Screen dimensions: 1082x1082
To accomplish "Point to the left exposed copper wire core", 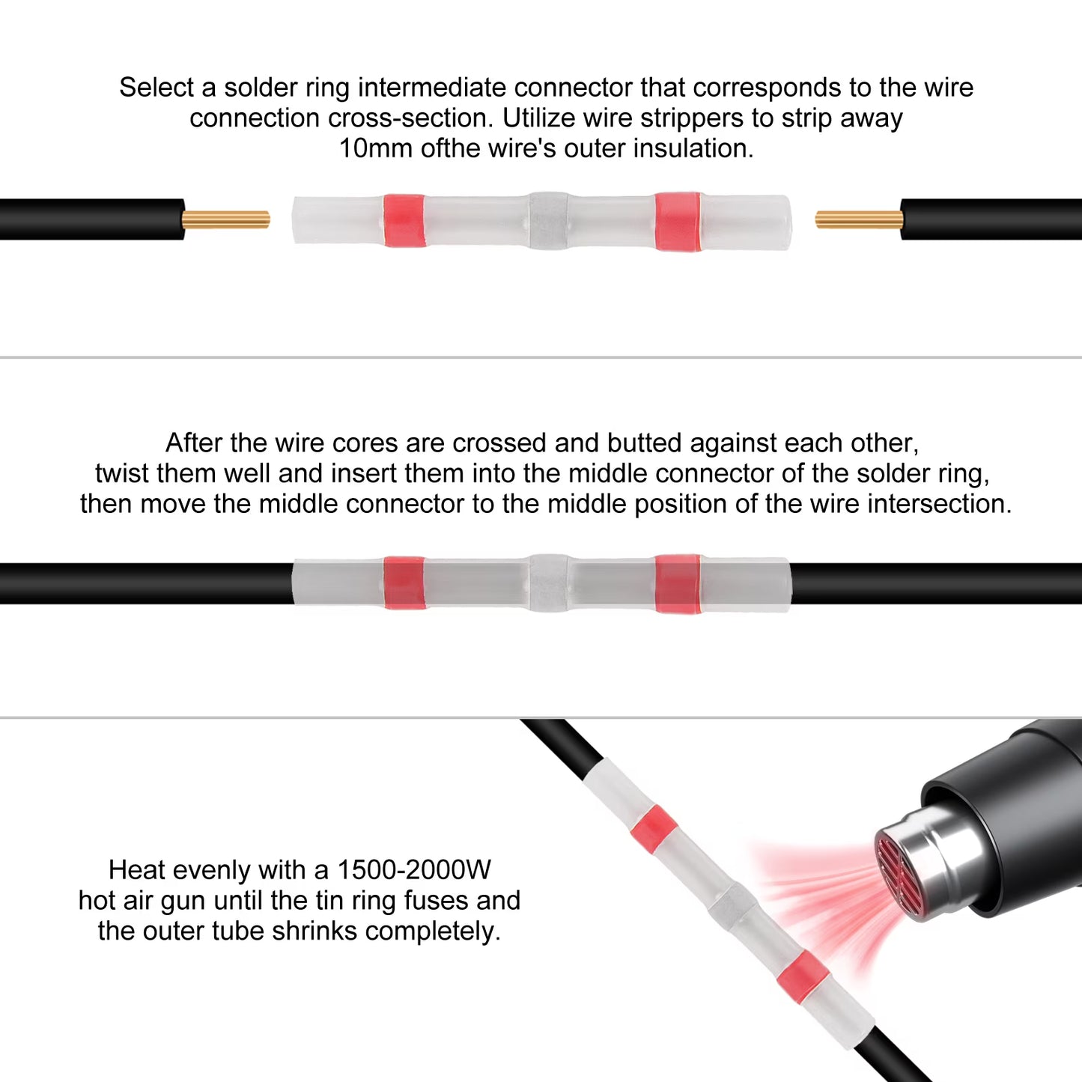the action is pos(225,219).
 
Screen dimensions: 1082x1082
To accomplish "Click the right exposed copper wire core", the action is pos(859,219).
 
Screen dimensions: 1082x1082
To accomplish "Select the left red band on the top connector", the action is pos(404,220).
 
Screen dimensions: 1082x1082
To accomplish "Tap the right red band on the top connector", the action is pos(678,221).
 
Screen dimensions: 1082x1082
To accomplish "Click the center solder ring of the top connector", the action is pos(549,221).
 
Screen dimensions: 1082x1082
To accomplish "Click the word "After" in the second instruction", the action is pos(194,443).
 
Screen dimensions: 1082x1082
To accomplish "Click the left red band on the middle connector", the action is pos(404,583).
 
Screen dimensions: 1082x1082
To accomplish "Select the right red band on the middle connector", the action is pos(678,584).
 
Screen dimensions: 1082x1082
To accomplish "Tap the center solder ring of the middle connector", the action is pos(549,583).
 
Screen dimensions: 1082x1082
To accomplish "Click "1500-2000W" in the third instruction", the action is pos(414,870).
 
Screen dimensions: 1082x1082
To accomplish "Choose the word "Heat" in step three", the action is pos(137,870).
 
